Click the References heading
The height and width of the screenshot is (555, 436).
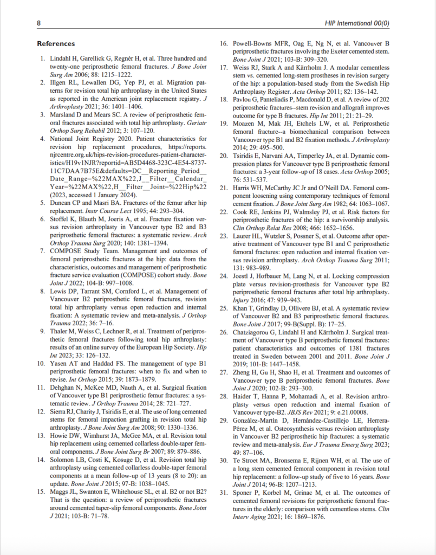pyautogui.click(x=56, y=43)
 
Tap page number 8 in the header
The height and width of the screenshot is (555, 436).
pyautogui.click(x=38, y=23)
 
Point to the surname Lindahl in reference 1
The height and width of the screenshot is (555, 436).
pyautogui.click(x=61, y=58)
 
